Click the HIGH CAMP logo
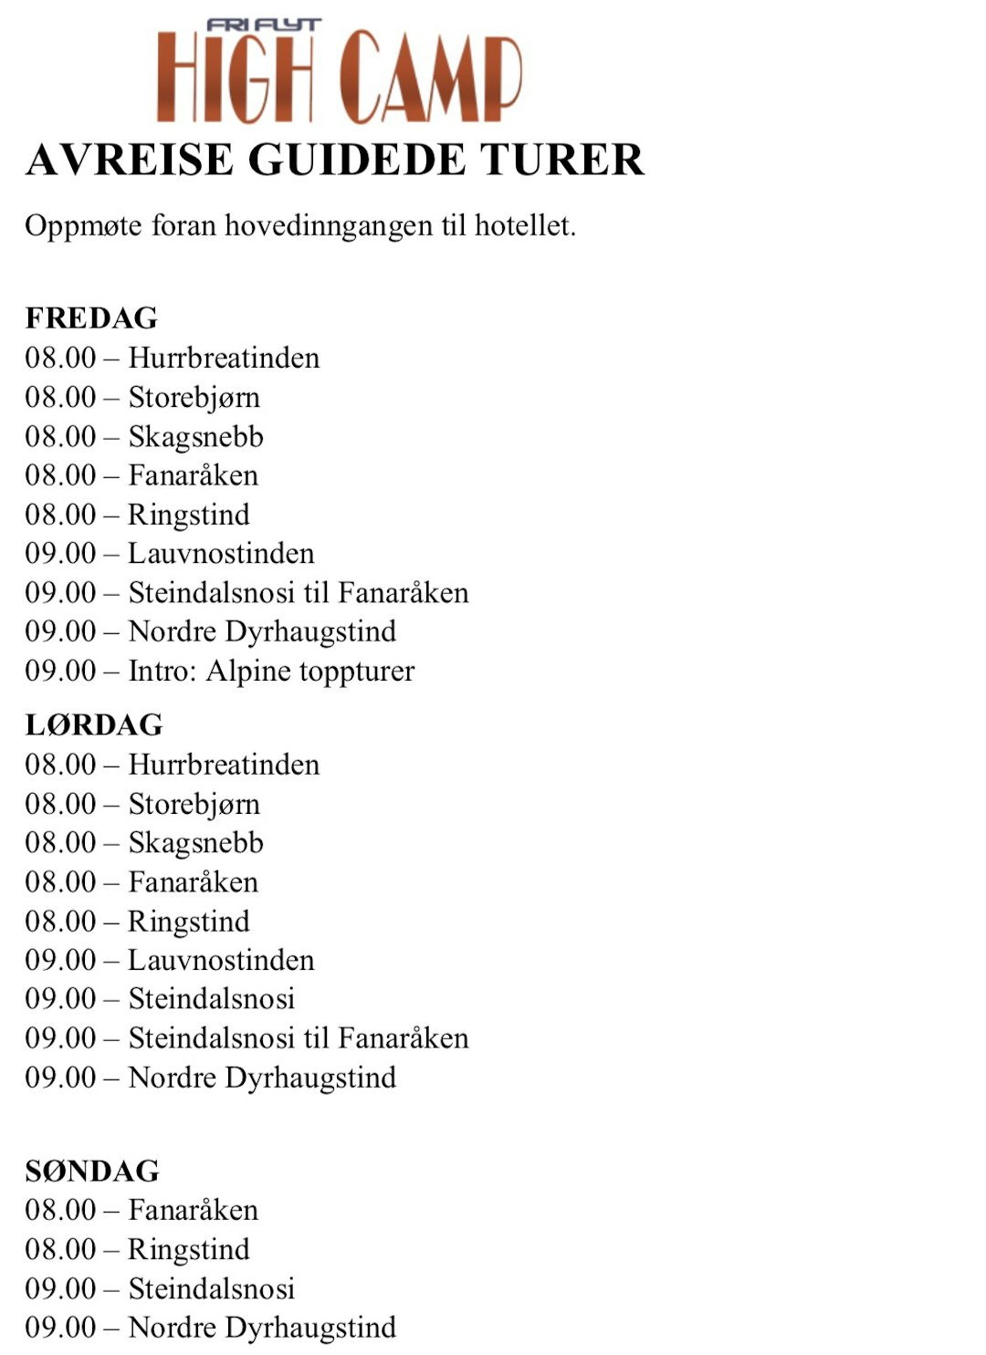(x=339, y=78)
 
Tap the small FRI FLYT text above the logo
(x=263, y=25)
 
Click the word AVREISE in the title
(x=131, y=161)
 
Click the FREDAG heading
(x=91, y=318)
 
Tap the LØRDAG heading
(x=94, y=725)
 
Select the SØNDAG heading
(x=92, y=1171)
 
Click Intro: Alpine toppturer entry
(x=271, y=672)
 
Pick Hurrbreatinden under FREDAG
(x=224, y=358)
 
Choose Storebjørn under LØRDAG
(x=194, y=804)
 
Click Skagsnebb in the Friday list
(x=195, y=436)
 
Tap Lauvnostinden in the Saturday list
(x=221, y=960)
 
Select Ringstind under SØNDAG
(x=188, y=1249)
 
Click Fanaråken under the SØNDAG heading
(x=193, y=1210)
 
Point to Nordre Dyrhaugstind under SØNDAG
(x=262, y=1328)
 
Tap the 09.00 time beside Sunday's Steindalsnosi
(x=60, y=1288)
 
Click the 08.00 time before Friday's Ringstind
(x=60, y=515)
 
